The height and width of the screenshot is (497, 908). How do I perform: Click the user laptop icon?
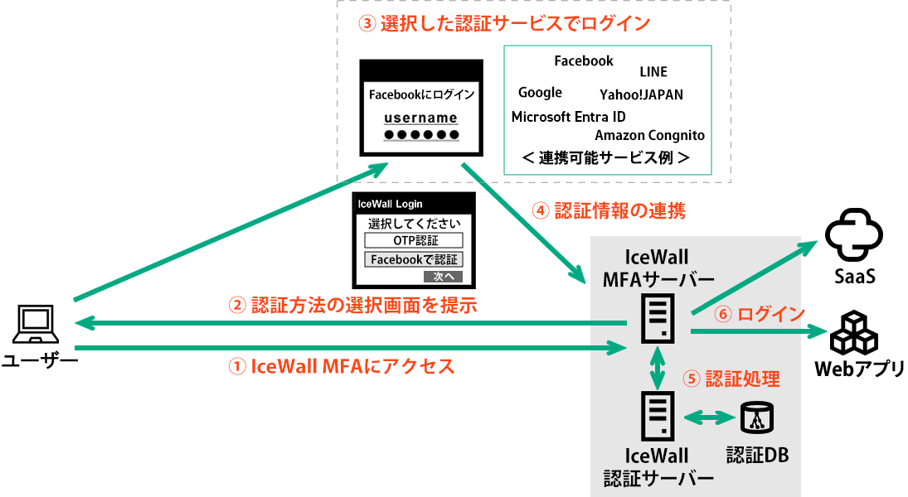pos(36,324)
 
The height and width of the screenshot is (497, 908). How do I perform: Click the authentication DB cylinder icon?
pos(755,418)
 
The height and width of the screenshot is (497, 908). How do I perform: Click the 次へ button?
pos(442,277)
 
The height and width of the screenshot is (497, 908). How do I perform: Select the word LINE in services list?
pos(653,72)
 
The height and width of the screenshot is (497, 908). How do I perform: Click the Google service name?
pos(540,93)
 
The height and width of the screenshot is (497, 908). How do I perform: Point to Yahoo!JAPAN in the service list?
pos(641,94)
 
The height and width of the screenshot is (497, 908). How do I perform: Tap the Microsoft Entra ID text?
pos(568,117)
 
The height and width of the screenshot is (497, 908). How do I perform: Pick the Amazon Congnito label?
pos(649,135)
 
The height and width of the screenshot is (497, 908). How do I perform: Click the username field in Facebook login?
pos(420,118)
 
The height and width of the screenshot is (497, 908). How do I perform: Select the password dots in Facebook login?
pos(420,135)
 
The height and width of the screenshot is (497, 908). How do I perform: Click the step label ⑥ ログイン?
pos(760,315)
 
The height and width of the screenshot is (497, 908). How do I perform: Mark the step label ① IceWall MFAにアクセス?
pos(341,366)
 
